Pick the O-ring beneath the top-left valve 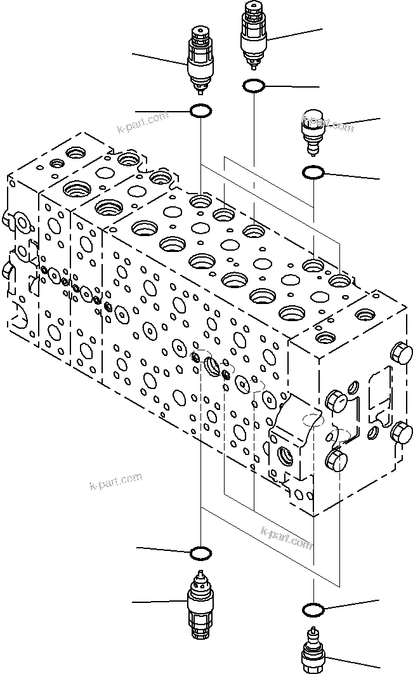[x=201, y=112]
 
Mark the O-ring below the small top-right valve [x=314, y=172]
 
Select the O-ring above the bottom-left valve [x=201, y=553]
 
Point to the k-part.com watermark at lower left [x=115, y=482]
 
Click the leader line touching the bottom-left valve [x=159, y=600]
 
